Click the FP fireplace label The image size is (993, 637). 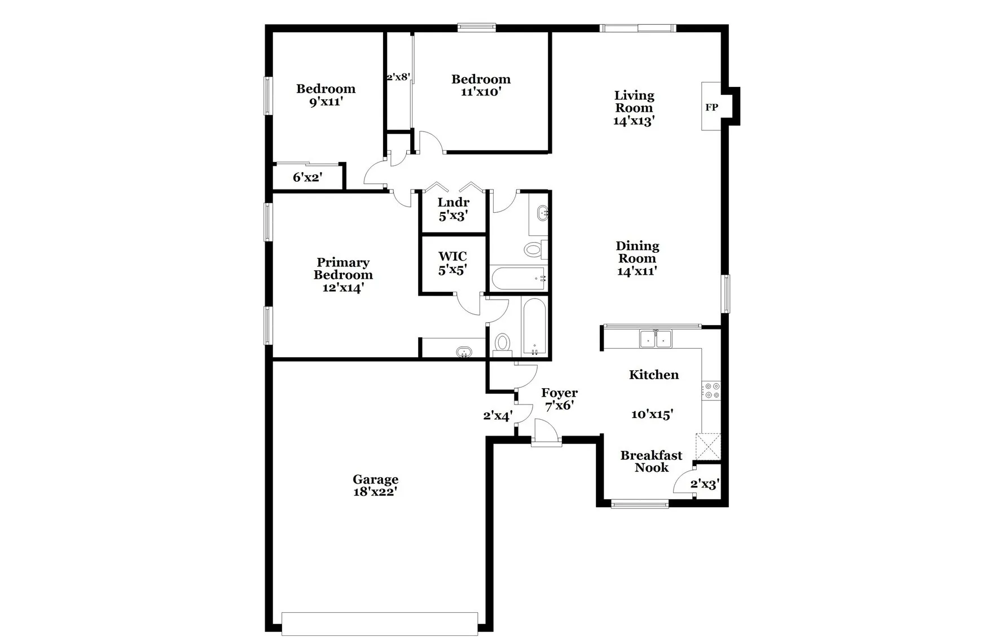point(711,107)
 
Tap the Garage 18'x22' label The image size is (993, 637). point(376,485)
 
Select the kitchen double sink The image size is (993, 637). point(656,339)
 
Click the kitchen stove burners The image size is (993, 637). point(711,390)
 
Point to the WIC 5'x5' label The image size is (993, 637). point(452,263)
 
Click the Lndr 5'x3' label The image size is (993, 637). point(453,209)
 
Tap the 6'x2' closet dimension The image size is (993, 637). point(307,177)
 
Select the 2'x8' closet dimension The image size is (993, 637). point(398,77)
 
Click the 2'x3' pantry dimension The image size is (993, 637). point(705,484)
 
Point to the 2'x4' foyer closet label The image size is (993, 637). point(498,416)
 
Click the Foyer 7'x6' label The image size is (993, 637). point(559,399)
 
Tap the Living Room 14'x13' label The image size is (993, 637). point(634,108)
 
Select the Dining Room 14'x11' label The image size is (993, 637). point(637,258)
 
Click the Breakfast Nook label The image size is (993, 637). point(651,461)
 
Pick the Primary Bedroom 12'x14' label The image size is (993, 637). point(343,275)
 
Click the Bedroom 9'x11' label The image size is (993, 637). point(326,95)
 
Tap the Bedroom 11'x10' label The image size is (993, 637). point(481,85)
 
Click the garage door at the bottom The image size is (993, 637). point(380,623)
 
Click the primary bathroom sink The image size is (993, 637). point(464,352)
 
